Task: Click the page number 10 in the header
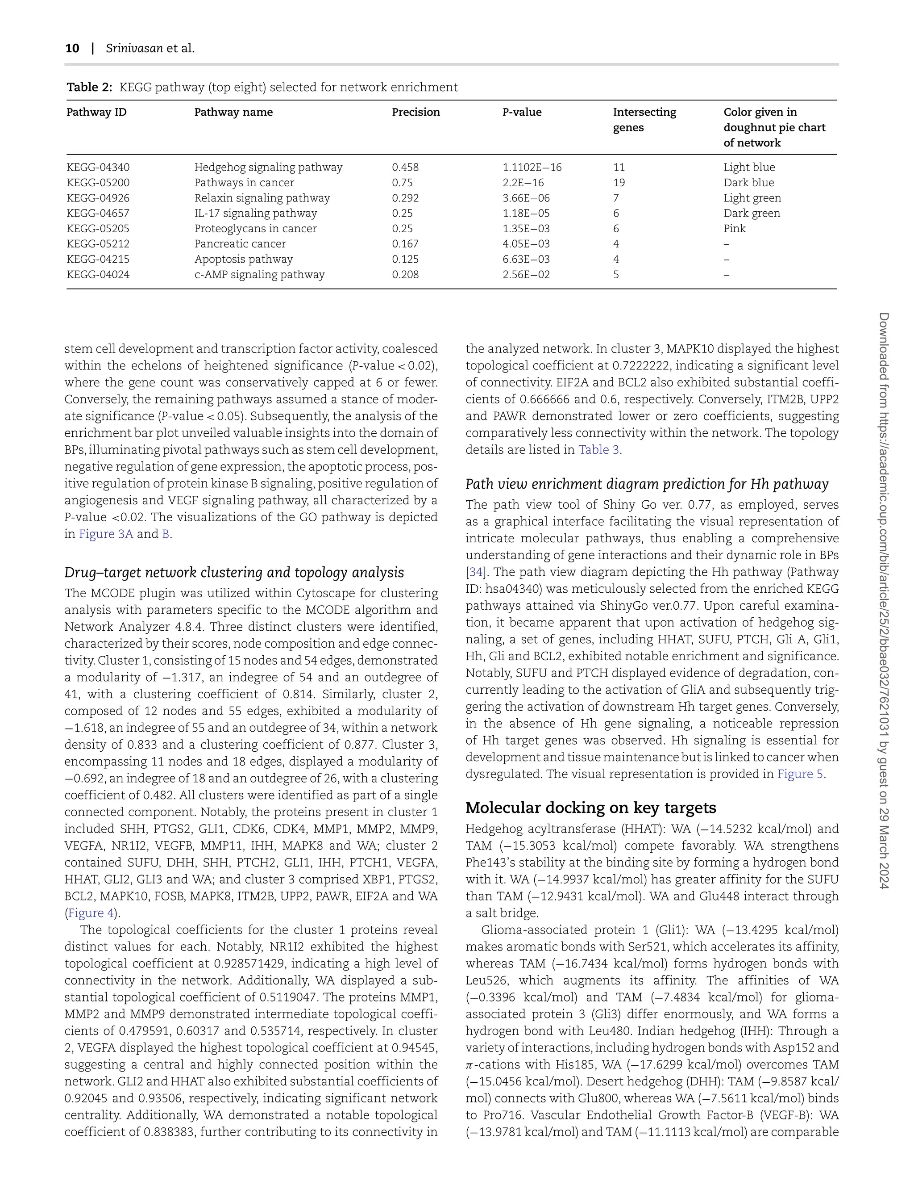point(72,48)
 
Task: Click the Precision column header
point(415,112)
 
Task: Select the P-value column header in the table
point(522,112)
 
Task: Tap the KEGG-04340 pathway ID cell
point(98,167)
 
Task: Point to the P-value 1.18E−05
point(526,213)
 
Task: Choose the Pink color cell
point(735,228)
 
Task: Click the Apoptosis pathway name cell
point(243,259)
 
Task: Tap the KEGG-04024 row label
point(98,274)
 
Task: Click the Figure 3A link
point(106,534)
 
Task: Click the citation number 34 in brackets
point(472,572)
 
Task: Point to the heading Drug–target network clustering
point(234,572)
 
